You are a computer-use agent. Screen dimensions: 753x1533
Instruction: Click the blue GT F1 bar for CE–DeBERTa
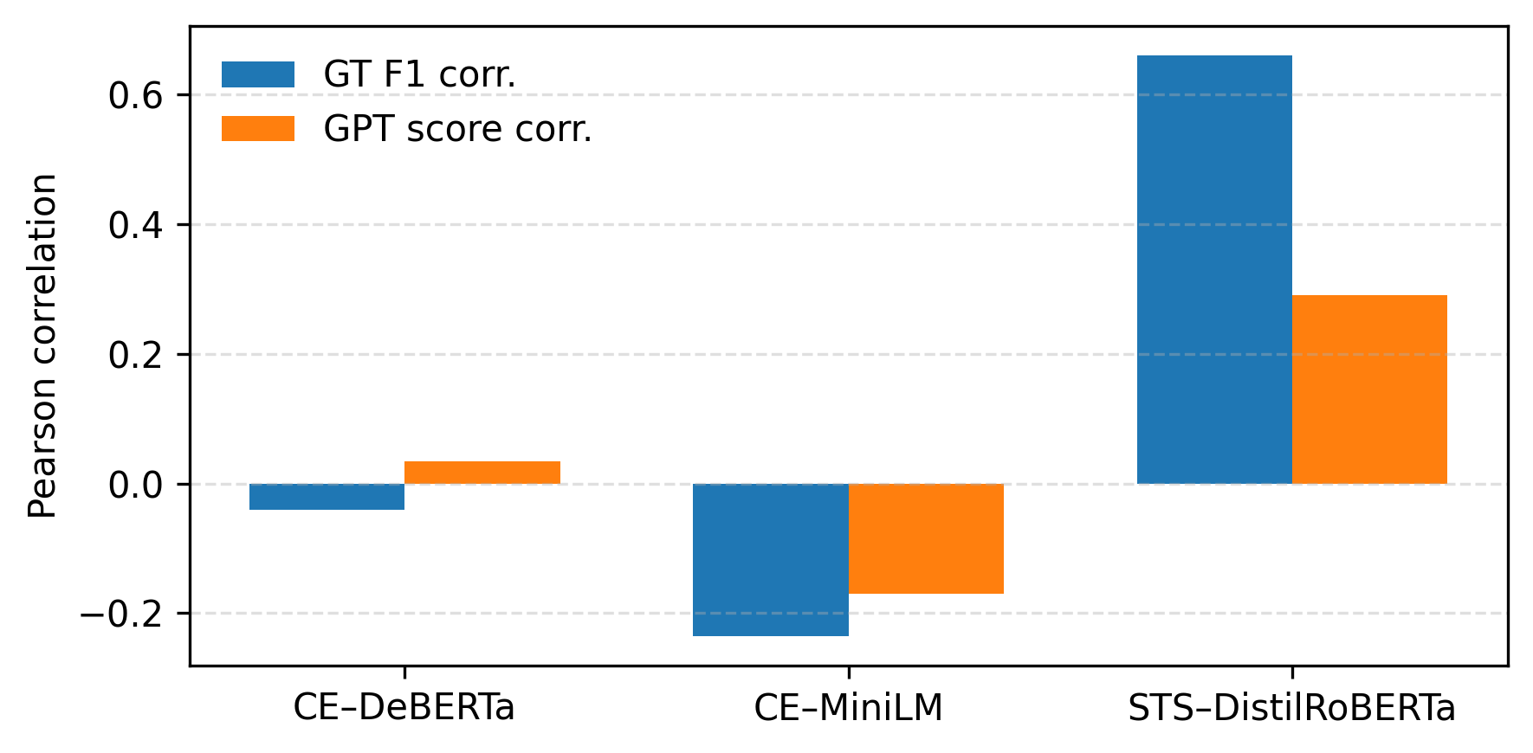[x=327, y=497]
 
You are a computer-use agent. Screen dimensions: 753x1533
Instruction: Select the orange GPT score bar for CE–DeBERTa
[x=482, y=473]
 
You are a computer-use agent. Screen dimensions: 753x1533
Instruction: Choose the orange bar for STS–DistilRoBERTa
[x=1368, y=389]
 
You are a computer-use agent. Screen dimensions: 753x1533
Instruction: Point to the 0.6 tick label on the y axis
[x=135, y=95]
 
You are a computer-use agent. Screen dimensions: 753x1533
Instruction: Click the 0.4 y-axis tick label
[x=135, y=225]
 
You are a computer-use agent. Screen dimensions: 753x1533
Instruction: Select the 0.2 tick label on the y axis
[x=135, y=355]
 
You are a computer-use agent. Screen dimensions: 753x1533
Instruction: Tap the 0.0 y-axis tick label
[x=135, y=485]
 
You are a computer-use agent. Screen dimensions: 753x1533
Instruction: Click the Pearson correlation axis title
[x=42, y=346]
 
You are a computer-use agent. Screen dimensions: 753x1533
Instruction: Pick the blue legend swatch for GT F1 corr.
[x=258, y=74]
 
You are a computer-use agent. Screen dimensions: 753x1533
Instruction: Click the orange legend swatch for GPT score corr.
[x=258, y=129]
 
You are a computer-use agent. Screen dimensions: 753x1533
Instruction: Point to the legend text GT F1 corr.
[x=419, y=74]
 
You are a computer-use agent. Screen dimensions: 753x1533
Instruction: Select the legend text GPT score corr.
[x=457, y=129]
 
